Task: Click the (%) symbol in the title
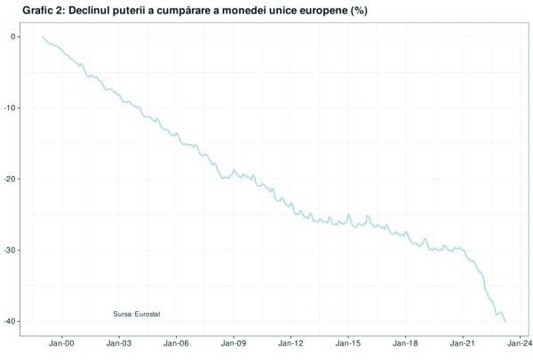tap(353, 10)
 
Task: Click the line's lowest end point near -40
tap(505, 321)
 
